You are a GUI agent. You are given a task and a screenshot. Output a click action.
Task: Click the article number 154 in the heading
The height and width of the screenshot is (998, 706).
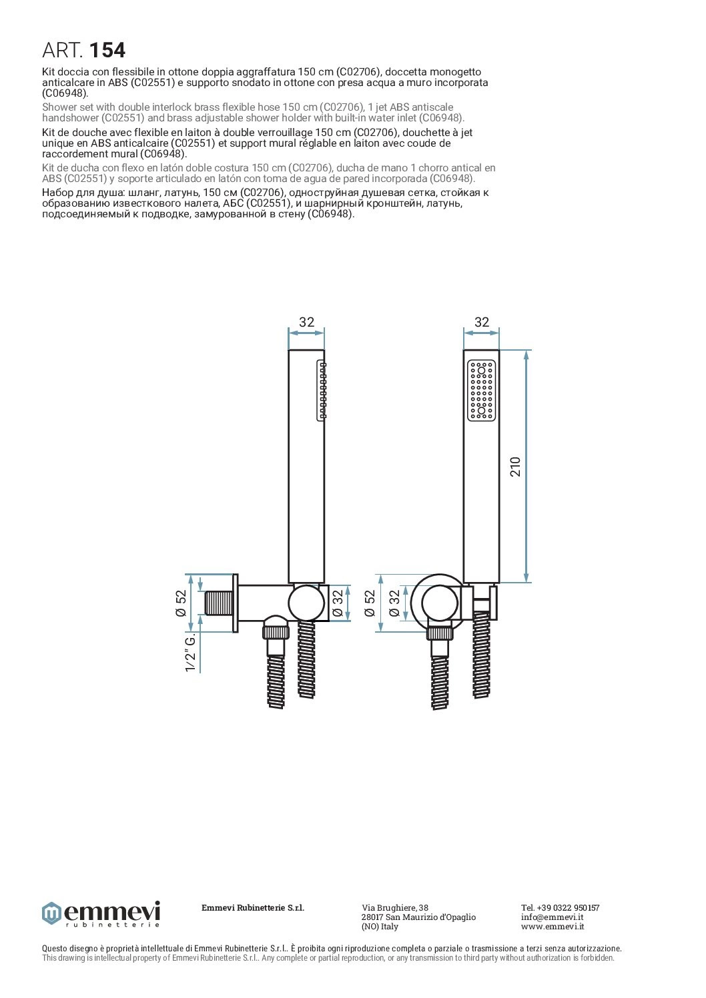point(107,50)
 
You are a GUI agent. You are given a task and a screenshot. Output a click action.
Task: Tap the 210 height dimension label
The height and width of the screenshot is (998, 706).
point(516,466)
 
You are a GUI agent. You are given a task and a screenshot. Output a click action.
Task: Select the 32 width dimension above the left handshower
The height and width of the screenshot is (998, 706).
point(306,322)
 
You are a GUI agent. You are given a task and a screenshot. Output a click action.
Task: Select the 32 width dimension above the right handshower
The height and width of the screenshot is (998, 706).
point(481,322)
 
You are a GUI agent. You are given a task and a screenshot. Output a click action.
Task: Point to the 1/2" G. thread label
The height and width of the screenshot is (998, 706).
point(191,653)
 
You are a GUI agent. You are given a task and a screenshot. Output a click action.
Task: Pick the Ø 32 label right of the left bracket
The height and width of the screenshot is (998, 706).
point(338,603)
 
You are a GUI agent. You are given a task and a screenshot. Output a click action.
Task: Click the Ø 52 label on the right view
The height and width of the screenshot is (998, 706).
point(370,603)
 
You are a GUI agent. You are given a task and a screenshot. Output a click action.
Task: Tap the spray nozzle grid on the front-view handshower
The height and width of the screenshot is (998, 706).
point(481,391)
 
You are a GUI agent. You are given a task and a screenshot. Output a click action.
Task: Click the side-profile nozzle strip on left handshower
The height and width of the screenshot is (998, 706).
point(322,390)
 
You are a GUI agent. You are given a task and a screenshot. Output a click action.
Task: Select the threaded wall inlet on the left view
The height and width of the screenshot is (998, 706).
point(217,603)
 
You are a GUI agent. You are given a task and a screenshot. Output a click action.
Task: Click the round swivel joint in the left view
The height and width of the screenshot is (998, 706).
point(306,602)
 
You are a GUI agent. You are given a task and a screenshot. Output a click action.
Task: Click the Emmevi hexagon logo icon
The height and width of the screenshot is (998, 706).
point(51,913)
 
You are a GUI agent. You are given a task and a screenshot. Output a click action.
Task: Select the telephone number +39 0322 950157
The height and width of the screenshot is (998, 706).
point(560,907)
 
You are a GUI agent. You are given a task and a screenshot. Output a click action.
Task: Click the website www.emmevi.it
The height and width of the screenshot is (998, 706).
point(553,926)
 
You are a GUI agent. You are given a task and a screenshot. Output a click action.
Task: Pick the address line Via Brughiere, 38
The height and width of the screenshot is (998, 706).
point(395,907)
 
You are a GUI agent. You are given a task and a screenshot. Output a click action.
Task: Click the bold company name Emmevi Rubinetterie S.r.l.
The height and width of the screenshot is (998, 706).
point(253,907)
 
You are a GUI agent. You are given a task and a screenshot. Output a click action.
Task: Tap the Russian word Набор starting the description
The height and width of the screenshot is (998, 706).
point(57,193)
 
